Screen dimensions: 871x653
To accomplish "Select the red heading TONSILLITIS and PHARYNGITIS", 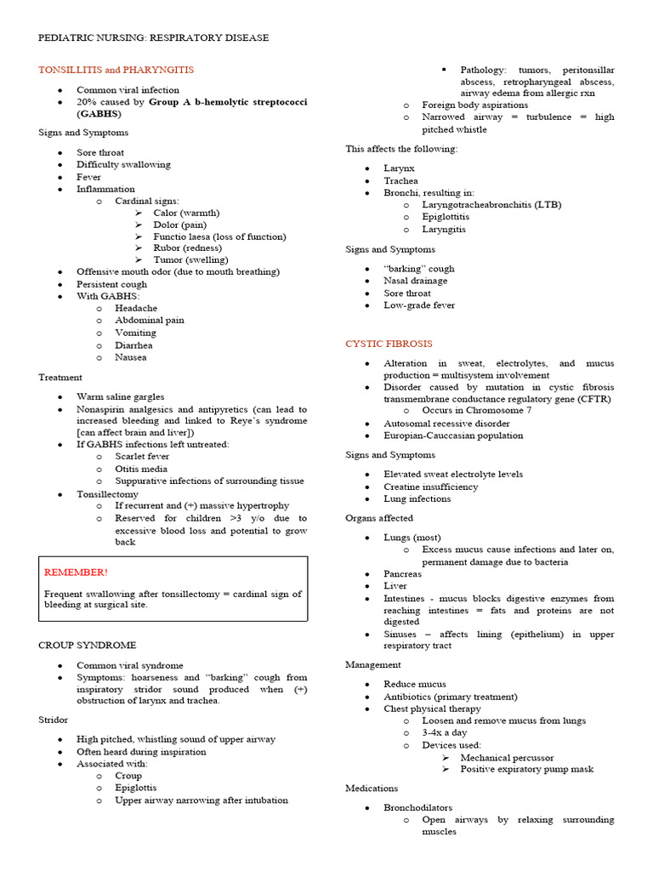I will coord(116,70).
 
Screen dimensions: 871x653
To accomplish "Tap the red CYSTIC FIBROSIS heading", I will coord(389,344).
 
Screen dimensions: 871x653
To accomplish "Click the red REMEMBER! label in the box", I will coord(76,572).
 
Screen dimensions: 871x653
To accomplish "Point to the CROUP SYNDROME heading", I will coord(87,646).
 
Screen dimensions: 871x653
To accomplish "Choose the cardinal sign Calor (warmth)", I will coord(186,213).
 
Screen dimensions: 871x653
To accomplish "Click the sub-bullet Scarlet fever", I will coord(141,457).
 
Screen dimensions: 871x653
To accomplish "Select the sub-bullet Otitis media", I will coord(141,469).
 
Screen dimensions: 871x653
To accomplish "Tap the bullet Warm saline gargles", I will coord(121,396).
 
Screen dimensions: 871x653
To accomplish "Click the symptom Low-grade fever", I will coord(419,305).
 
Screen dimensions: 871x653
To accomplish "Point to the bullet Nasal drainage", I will coord(415,281).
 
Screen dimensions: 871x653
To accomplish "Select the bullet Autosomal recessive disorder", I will coord(446,424).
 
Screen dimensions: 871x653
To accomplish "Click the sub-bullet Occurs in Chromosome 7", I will coord(478,411).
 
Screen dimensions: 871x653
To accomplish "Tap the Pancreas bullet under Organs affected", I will coord(402,574).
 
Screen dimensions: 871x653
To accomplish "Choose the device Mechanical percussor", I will coord(507,757).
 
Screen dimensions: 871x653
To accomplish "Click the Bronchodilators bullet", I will coord(417,807).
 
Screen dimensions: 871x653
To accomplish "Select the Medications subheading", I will coord(372,788).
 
